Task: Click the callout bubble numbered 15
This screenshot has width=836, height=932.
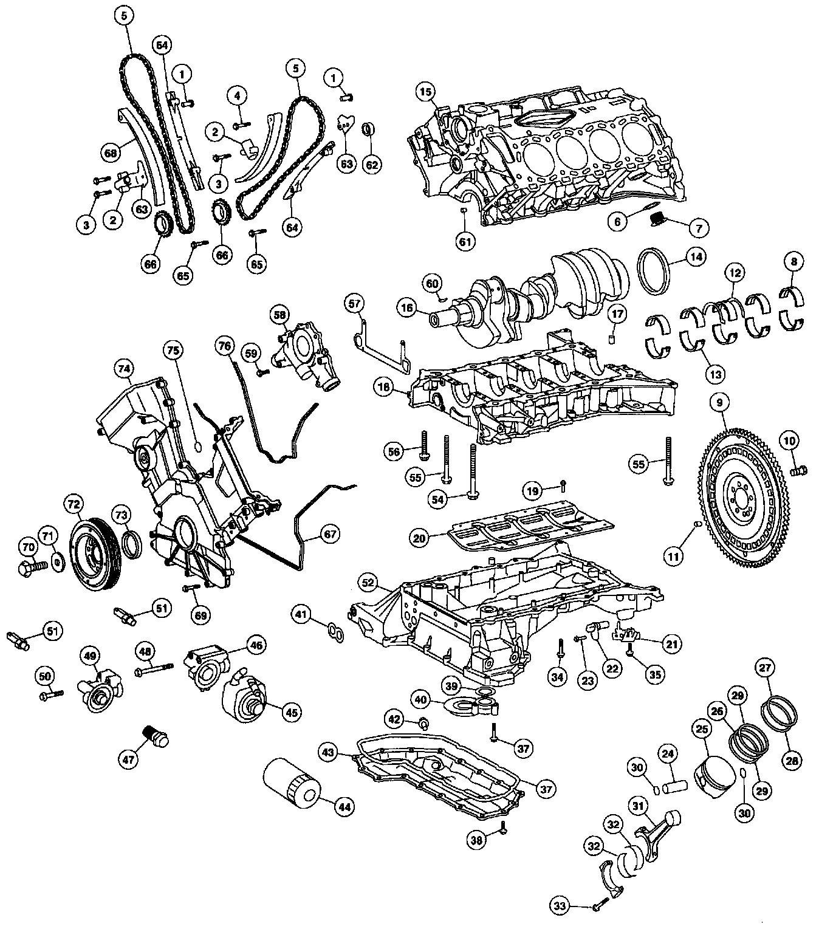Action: coord(426,92)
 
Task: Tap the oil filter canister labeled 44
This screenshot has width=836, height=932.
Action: coord(292,783)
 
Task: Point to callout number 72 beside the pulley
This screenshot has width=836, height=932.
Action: coord(74,504)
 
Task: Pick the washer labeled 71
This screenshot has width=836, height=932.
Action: coord(58,562)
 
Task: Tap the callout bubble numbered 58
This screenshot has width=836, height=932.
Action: coord(279,315)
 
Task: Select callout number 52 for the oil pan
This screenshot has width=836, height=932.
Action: coord(368,583)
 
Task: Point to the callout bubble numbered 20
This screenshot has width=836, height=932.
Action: coord(419,538)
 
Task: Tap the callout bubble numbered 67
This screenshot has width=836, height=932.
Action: coord(329,534)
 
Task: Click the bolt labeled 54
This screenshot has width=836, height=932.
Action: coord(473,471)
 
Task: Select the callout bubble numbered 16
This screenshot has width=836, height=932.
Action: coord(406,307)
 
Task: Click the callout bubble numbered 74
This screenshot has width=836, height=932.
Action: coord(124,368)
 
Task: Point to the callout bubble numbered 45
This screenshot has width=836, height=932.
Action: coord(292,712)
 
